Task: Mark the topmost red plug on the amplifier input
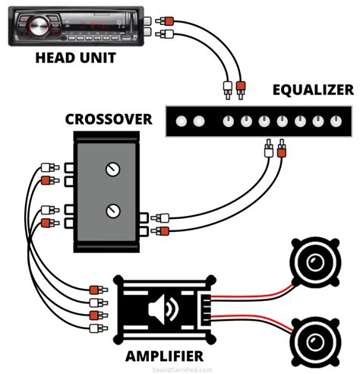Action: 96,289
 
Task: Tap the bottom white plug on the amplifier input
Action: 96,328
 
